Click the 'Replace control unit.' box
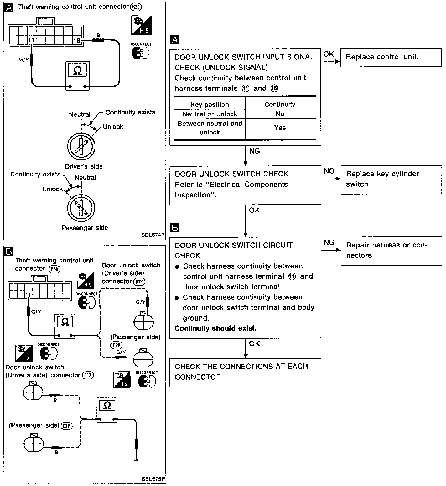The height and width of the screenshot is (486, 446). (x=391, y=58)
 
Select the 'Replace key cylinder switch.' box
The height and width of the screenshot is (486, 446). (x=391, y=180)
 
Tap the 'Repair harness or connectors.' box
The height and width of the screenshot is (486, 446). (x=391, y=251)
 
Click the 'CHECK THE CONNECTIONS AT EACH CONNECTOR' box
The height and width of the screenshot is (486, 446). (x=245, y=372)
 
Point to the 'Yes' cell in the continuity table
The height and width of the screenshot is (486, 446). (x=280, y=128)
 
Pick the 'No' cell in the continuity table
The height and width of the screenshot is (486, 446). (x=280, y=114)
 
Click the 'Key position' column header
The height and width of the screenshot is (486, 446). (x=210, y=104)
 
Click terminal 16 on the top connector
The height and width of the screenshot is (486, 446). (x=77, y=40)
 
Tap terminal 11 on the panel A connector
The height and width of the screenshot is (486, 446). (x=31, y=40)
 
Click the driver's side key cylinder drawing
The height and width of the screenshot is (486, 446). (x=81, y=146)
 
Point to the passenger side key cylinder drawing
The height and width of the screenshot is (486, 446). (x=81, y=208)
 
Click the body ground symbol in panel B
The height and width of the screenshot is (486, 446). (x=136, y=460)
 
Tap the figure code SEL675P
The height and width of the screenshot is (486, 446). (x=153, y=479)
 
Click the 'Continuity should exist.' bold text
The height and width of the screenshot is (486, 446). (x=215, y=328)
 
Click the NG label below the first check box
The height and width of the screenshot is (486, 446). (x=254, y=151)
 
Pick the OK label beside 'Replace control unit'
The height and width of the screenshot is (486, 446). (x=329, y=54)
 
